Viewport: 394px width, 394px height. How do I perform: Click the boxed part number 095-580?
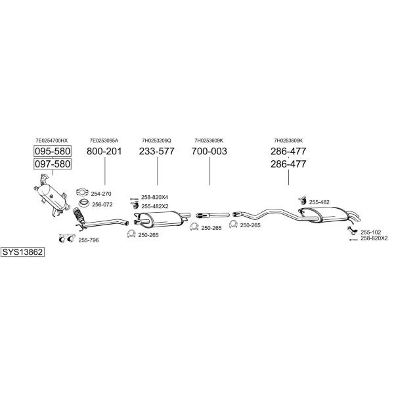[x=53, y=151]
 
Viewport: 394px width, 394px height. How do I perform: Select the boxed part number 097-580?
[x=53, y=164]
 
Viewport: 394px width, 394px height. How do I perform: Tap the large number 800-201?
[x=104, y=151]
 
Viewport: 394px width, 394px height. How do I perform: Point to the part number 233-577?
[x=157, y=151]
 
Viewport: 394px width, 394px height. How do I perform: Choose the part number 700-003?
[x=209, y=151]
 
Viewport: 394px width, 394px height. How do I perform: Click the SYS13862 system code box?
[x=22, y=252]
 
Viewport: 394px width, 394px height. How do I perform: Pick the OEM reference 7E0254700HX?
[x=52, y=141]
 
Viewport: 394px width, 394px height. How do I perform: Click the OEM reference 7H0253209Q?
[x=156, y=141]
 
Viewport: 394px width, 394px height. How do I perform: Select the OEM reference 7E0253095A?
[x=104, y=141]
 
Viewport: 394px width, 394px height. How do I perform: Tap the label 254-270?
[x=101, y=194]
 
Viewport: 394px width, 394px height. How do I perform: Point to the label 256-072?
[x=102, y=204]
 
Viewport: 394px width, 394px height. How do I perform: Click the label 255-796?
[x=89, y=240]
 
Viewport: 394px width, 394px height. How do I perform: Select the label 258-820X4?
[x=154, y=197]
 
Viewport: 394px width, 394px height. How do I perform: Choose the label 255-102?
[x=371, y=232]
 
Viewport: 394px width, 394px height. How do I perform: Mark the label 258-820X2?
[x=374, y=238]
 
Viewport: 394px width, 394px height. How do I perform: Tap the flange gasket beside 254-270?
[x=82, y=192]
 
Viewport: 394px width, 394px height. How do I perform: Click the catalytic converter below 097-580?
[x=51, y=195]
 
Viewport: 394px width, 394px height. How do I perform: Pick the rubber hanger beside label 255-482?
[x=302, y=200]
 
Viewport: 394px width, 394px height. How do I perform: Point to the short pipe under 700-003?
[x=213, y=215]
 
